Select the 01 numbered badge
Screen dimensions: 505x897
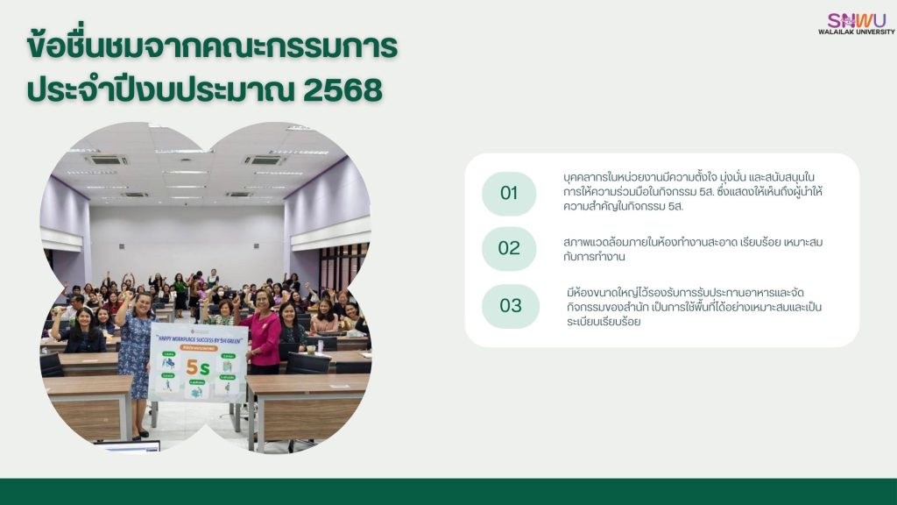point(509,194)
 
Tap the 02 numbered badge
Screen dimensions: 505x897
point(509,248)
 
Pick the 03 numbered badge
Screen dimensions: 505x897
point(510,306)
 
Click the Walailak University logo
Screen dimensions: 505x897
point(856,19)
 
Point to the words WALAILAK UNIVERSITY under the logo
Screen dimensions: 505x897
point(856,32)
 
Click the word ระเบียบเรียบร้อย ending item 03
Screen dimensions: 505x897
point(604,321)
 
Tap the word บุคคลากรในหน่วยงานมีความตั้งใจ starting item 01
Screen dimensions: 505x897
point(648,177)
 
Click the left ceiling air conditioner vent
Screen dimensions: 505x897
point(107,160)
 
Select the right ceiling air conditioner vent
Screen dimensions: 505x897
point(265,160)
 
